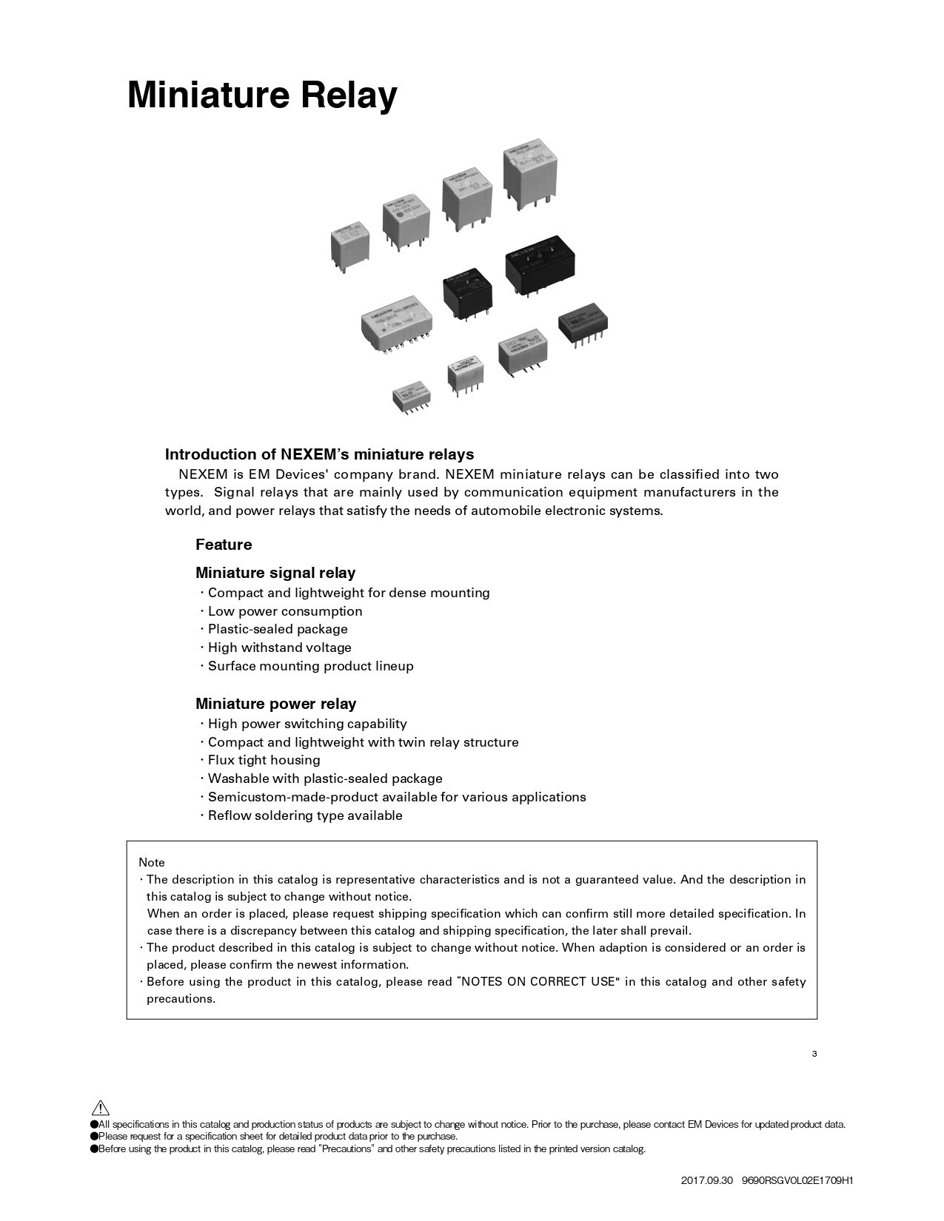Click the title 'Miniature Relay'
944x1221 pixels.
(262, 95)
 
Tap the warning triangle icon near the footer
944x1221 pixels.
(101, 1108)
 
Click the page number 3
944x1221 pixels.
(814, 1054)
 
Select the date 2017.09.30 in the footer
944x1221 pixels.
(706, 1180)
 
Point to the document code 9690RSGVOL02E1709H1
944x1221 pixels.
(797, 1180)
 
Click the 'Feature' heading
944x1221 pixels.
(224, 545)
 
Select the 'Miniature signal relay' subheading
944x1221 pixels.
(275, 573)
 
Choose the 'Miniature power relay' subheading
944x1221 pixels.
(275, 704)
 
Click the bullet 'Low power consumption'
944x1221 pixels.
(285, 611)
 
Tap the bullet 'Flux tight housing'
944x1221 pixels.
(264, 760)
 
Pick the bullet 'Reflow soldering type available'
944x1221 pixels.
(305, 815)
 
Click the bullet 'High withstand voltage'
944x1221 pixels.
(279, 647)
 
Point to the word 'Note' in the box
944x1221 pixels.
(152, 862)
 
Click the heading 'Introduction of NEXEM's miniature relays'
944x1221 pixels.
(319, 454)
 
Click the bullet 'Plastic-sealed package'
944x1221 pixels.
(278, 629)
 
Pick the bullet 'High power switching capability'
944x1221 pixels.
(307, 724)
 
